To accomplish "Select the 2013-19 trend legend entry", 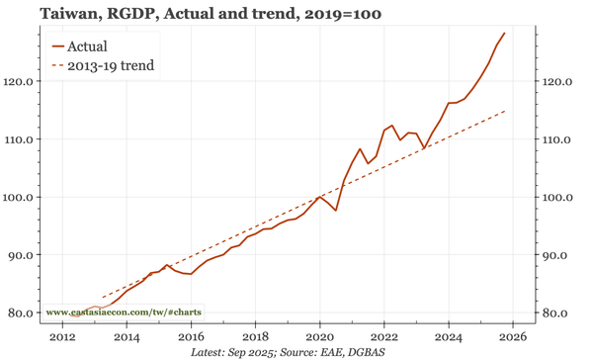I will point(109,66).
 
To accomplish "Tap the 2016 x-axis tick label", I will point(191,336).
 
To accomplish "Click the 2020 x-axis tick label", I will point(319,336).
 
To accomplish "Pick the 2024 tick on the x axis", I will point(449,336).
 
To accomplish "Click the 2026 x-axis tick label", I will point(513,336).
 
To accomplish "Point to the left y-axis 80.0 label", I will point(28,313).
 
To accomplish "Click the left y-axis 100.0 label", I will point(25,197).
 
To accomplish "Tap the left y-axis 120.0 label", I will point(25,81).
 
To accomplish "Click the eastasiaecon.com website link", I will point(125,312).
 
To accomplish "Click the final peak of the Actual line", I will point(505,33).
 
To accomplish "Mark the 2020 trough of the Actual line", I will point(336,211).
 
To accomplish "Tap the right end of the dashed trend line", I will point(505,111).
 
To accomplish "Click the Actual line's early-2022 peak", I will point(391,126).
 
